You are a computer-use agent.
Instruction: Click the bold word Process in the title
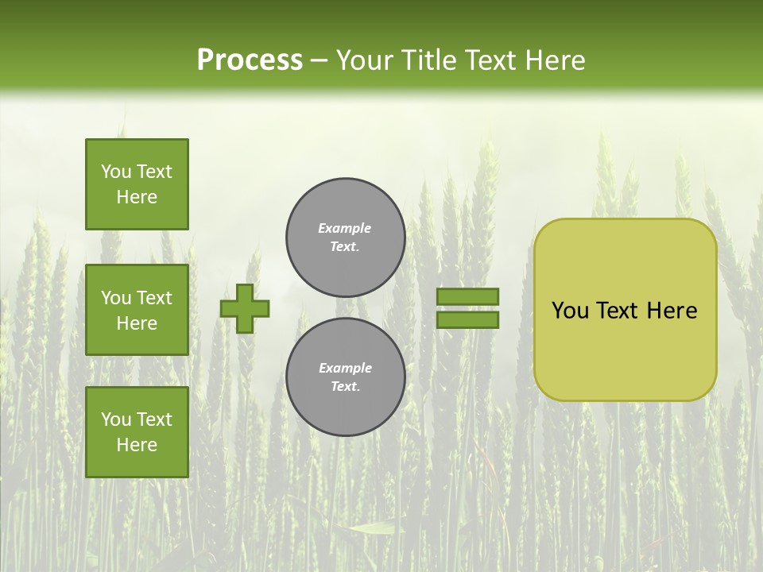pos(250,60)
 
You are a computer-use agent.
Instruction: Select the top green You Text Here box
pos(137,184)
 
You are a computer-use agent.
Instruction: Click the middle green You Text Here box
pos(137,310)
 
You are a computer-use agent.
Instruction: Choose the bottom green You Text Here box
pos(137,432)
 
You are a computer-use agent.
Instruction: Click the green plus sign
pos(245,308)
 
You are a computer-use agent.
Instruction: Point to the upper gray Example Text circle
pos(345,238)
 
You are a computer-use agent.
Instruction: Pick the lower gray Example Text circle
pos(345,377)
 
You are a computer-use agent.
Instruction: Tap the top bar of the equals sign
pos(467,296)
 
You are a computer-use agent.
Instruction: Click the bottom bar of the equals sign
pos(467,320)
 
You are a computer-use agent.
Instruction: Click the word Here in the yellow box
pos(672,311)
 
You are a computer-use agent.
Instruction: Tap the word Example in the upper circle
pos(345,228)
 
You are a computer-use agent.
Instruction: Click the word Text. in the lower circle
pos(345,387)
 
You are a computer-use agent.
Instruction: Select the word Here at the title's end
pos(555,60)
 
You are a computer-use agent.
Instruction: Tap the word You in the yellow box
pos(570,311)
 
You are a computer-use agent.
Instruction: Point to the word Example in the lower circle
pos(345,368)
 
